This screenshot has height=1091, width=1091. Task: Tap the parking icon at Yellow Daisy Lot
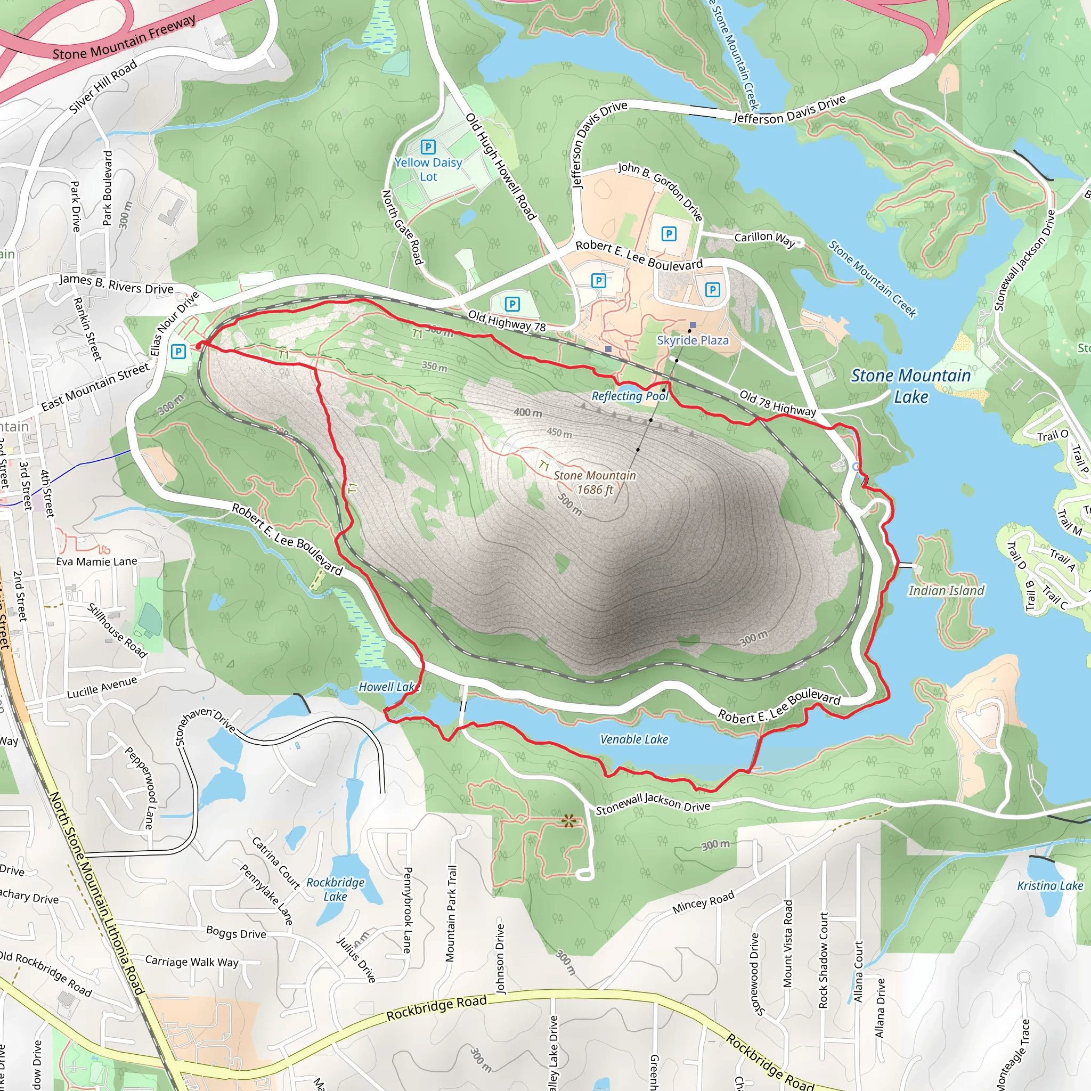point(428,148)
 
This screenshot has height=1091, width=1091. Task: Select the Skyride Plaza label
point(693,340)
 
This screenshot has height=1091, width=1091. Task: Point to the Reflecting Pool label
point(630,396)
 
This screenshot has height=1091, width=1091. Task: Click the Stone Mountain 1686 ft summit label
point(595,482)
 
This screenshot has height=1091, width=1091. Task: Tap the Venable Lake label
point(633,739)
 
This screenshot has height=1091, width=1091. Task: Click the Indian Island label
point(946,591)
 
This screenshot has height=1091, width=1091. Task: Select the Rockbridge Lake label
point(336,889)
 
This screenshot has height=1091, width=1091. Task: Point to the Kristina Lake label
point(1050,885)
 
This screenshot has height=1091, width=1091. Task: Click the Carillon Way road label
point(764,239)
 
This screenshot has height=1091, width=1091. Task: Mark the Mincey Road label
point(703,902)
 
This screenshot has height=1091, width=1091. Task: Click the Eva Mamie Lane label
point(96,561)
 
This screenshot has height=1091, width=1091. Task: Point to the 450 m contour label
point(559,433)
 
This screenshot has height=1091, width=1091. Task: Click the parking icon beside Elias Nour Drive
point(178,352)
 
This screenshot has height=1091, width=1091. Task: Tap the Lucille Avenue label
point(102,688)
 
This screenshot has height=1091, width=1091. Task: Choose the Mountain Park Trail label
point(451,913)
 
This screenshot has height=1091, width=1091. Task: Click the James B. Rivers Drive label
point(116,284)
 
